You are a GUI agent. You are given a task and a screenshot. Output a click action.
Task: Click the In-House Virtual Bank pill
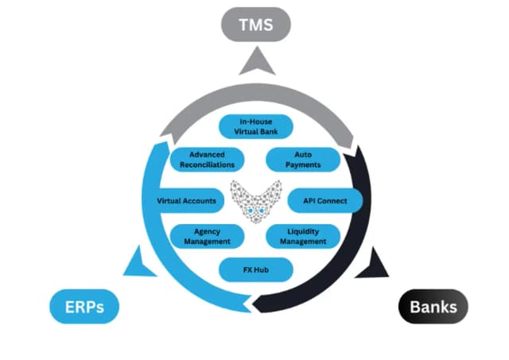pyautogui.click(x=255, y=126)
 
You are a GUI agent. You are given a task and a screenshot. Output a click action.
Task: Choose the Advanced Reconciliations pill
pyautogui.click(x=206, y=159)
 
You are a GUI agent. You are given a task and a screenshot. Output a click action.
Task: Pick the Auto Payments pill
pyautogui.click(x=301, y=159)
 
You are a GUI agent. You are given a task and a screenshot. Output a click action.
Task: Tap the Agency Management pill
pyautogui.click(x=207, y=236)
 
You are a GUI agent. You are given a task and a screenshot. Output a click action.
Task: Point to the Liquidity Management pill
pyautogui.click(x=301, y=236)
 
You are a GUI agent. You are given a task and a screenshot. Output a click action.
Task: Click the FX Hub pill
pyautogui.click(x=255, y=270)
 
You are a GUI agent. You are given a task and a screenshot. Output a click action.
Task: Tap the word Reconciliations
pyautogui.click(x=207, y=165)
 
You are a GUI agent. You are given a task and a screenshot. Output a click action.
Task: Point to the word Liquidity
pyautogui.click(x=302, y=230)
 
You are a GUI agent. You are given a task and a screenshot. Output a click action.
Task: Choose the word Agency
pyautogui.click(x=207, y=230)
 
